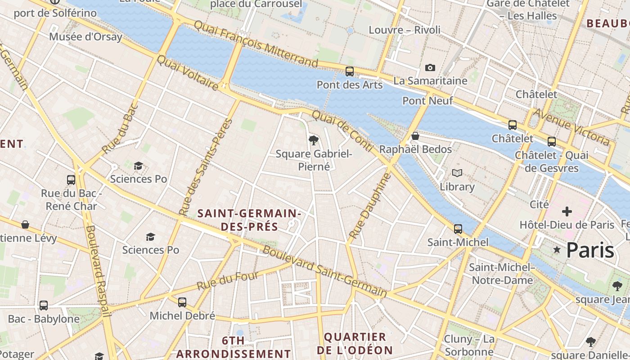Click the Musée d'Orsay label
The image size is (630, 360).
(85, 37)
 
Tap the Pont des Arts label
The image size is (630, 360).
(350, 85)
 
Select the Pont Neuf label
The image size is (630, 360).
(427, 101)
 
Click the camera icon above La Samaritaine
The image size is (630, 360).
(430, 68)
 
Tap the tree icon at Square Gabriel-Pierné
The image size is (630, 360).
(314, 140)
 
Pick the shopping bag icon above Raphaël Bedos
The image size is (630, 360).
(415, 136)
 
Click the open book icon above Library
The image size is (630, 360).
(457, 173)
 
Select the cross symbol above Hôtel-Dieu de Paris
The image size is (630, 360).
(567, 211)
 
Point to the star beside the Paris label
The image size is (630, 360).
(557, 250)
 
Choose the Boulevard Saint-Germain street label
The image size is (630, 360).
(324, 271)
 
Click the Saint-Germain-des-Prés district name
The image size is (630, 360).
(249, 220)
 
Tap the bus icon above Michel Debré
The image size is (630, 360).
(182, 302)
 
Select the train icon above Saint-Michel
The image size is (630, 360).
(458, 229)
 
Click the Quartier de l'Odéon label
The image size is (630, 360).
(355, 343)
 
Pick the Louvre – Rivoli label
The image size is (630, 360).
(405, 30)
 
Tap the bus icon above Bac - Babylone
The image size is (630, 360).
(44, 306)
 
